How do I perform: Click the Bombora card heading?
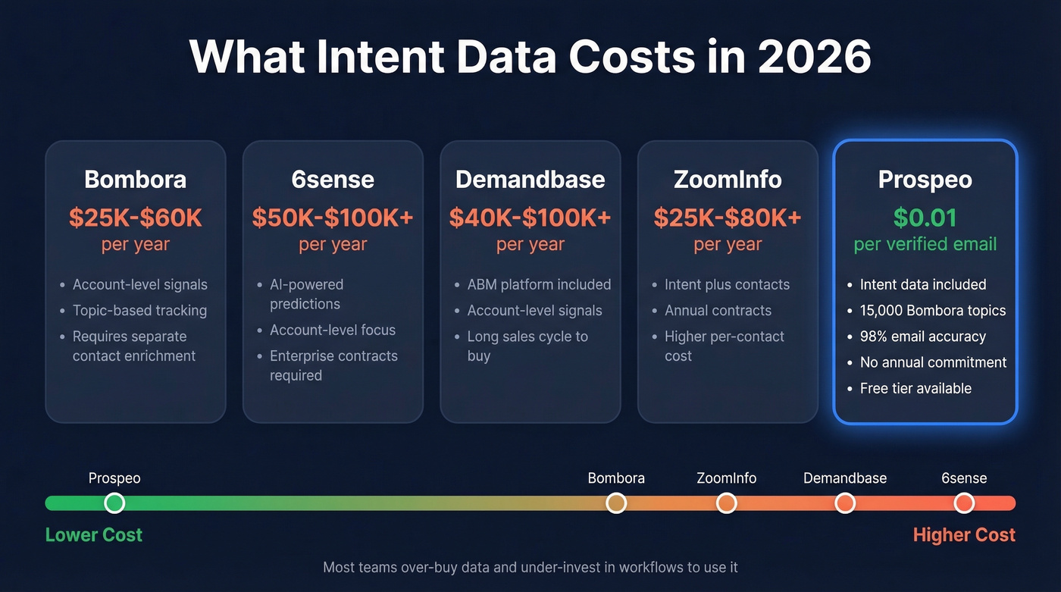(x=135, y=180)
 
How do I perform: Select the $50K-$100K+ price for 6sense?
(x=333, y=218)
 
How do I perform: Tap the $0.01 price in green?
(x=925, y=218)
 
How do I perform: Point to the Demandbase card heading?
(x=530, y=180)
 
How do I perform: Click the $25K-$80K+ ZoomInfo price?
(x=728, y=218)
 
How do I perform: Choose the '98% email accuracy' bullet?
(x=922, y=337)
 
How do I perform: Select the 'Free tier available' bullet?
(x=915, y=388)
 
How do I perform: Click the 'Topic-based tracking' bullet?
(x=139, y=311)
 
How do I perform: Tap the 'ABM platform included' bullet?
(x=539, y=285)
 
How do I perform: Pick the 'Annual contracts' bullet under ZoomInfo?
(x=718, y=311)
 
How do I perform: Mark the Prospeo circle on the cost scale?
(x=114, y=503)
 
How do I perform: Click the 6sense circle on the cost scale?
(x=964, y=503)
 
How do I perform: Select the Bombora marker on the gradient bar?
(x=616, y=503)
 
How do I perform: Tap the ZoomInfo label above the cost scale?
(x=726, y=478)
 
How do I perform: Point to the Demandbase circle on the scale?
(x=845, y=503)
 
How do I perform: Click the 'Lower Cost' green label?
(x=94, y=535)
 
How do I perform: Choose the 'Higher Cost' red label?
(x=963, y=535)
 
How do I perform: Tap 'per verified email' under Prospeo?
(x=925, y=245)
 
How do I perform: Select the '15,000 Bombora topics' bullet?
(x=932, y=311)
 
